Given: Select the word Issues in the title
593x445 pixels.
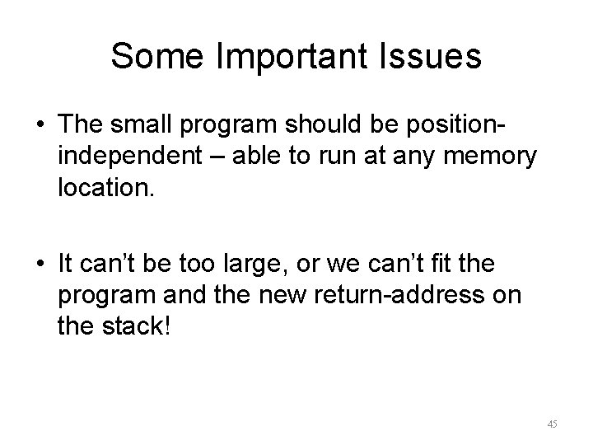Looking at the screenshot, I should (434, 56).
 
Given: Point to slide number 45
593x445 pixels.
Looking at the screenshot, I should (552, 424).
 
